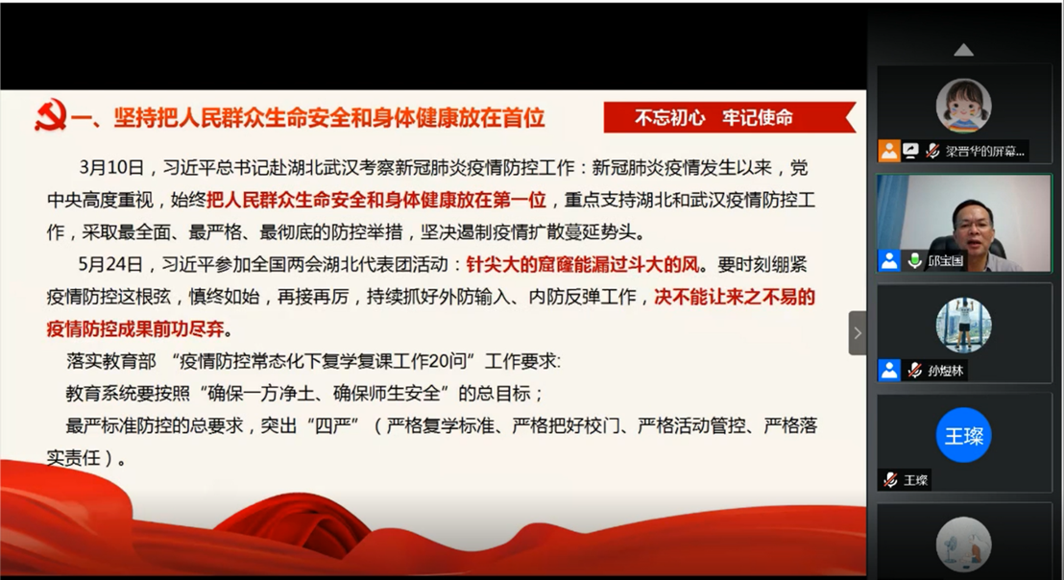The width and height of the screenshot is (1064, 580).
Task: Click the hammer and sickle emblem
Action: pyautogui.click(x=50, y=116)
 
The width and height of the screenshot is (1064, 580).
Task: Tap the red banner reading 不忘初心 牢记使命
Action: pyautogui.click(x=730, y=117)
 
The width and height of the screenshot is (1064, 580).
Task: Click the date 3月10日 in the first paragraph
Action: pyautogui.click(x=111, y=167)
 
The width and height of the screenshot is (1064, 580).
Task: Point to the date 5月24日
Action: pyautogui.click(x=109, y=265)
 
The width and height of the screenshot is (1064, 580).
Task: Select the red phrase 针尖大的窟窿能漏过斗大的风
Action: pyautogui.click(x=582, y=265)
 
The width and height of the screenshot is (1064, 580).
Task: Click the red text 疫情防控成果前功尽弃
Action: pyautogui.click(x=135, y=329)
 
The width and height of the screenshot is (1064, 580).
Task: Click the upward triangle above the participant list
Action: pyautogui.click(x=963, y=50)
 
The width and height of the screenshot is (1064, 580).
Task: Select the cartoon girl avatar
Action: pyautogui.click(x=963, y=106)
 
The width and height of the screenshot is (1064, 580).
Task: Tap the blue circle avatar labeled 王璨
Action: pyautogui.click(x=963, y=436)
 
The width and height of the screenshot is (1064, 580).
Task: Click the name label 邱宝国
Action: pyautogui.click(x=945, y=260)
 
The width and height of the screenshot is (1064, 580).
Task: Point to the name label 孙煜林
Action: pyautogui.click(x=945, y=371)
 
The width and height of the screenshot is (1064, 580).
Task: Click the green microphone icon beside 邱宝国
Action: pyautogui.click(x=914, y=260)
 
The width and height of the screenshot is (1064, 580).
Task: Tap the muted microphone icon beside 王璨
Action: pyautogui.click(x=890, y=480)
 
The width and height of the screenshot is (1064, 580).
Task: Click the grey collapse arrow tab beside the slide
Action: pyautogui.click(x=857, y=333)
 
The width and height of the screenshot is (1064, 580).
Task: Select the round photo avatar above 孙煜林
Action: pyautogui.click(x=963, y=325)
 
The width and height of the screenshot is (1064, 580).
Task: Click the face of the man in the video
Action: pyautogui.click(x=976, y=227)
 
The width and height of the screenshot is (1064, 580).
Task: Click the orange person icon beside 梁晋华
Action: pyautogui.click(x=889, y=151)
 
